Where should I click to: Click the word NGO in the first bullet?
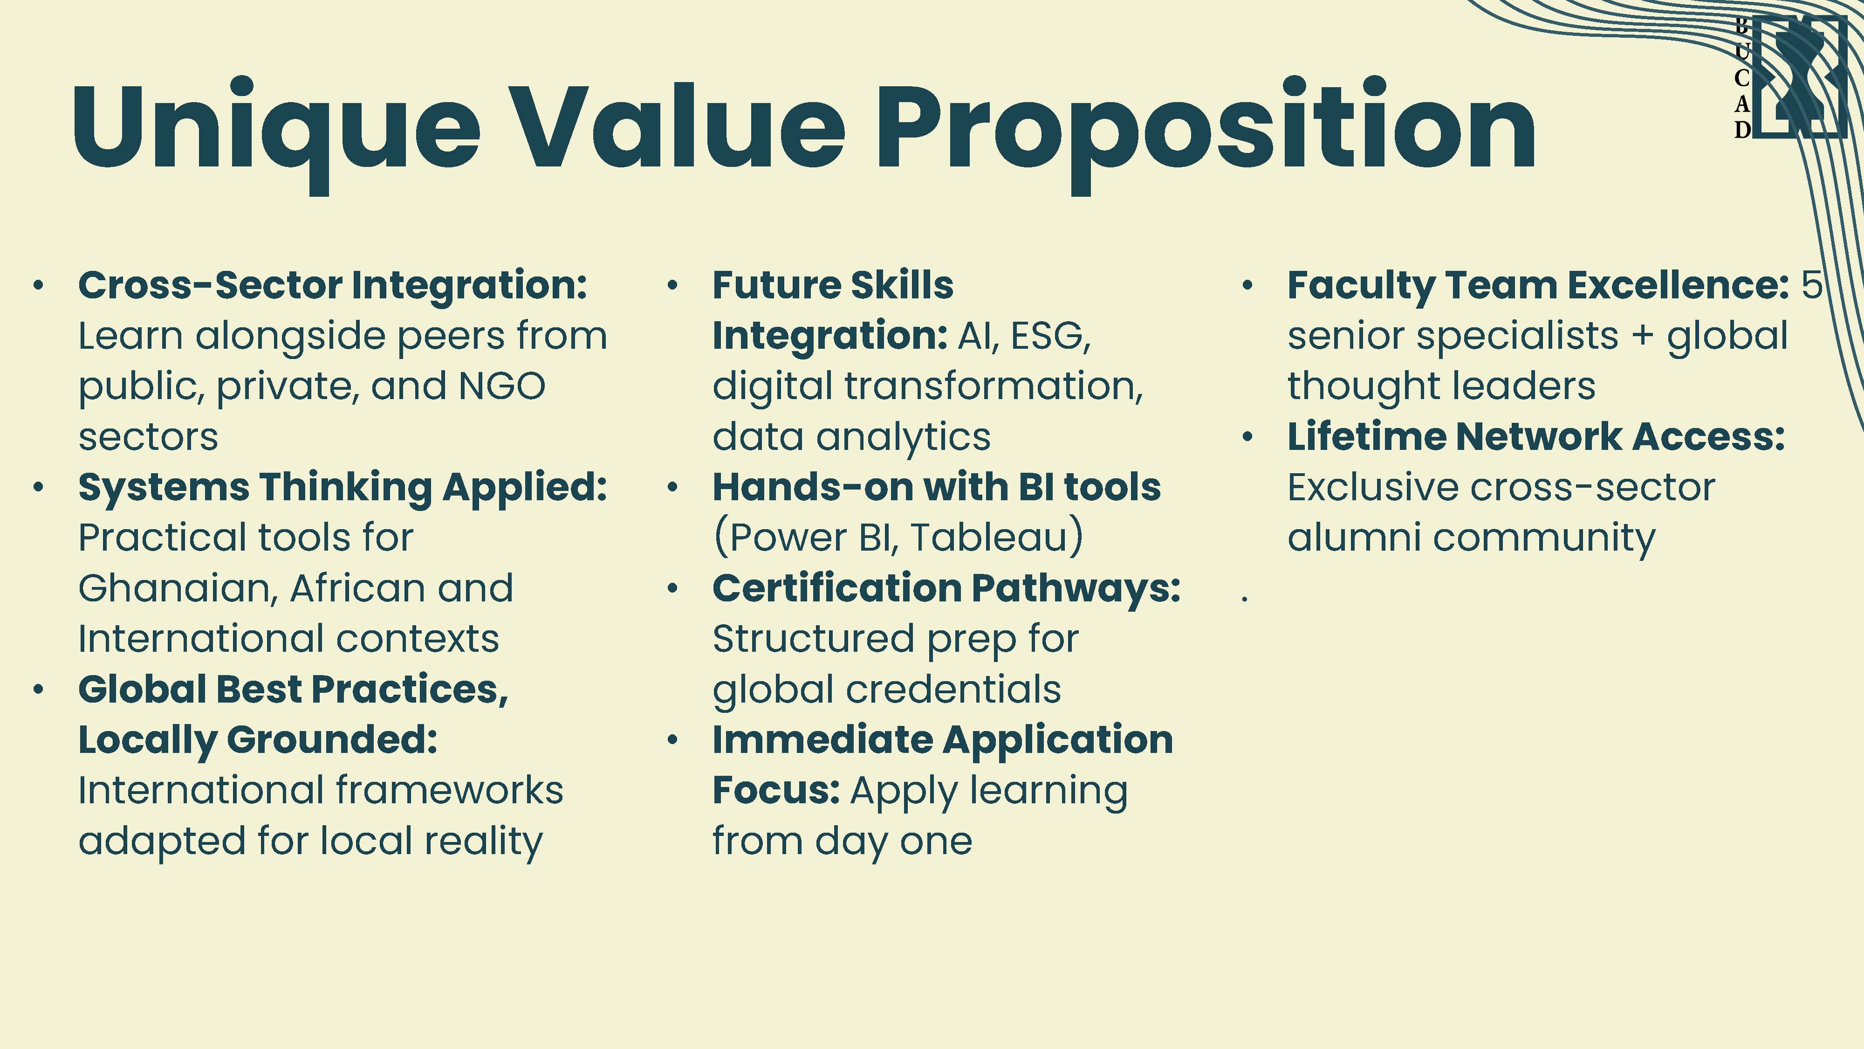pyautogui.click(x=502, y=386)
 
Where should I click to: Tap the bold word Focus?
pyautogui.click(x=776, y=791)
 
